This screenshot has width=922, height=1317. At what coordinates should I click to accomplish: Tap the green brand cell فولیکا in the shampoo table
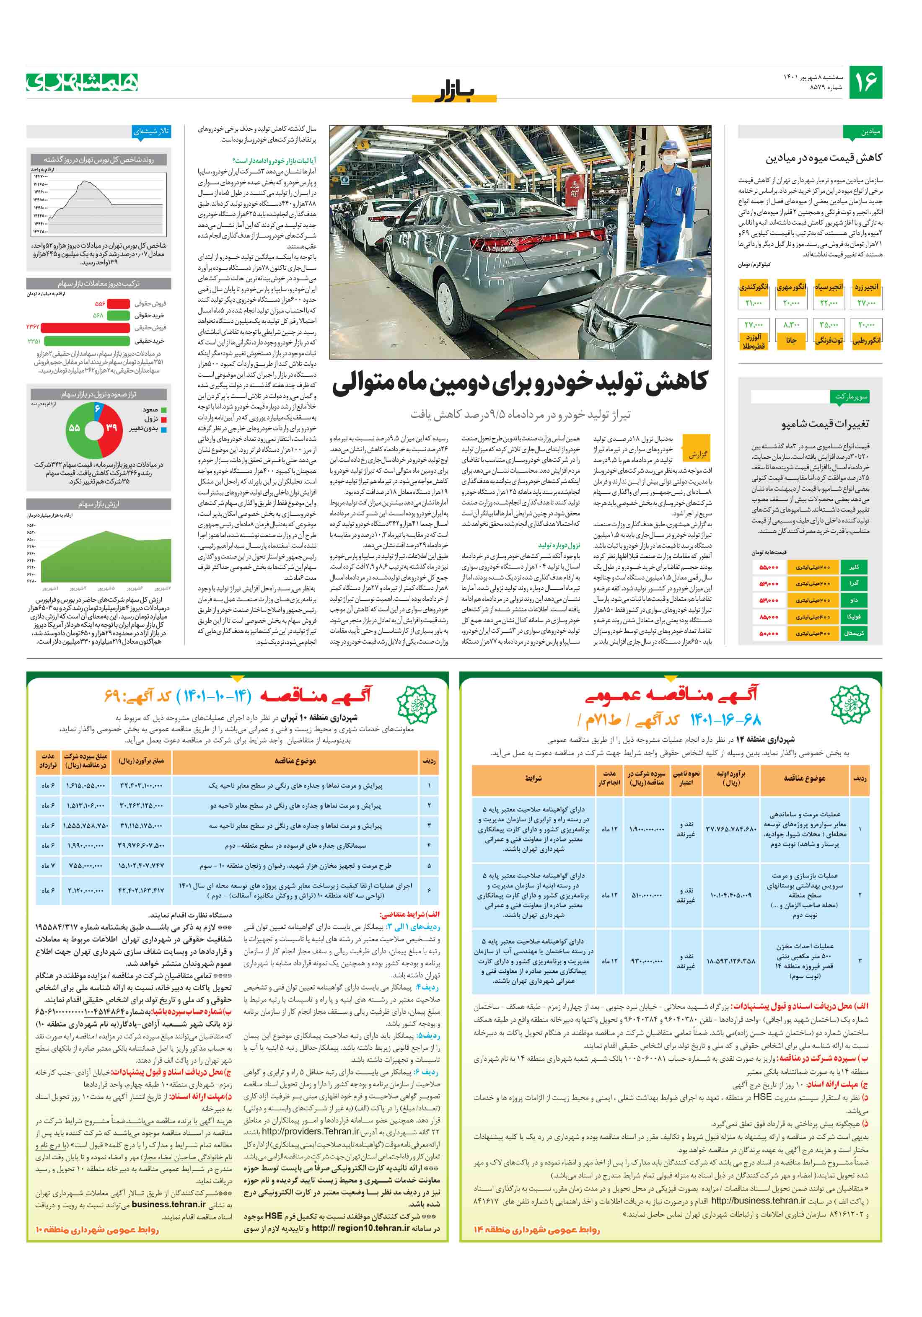(854, 617)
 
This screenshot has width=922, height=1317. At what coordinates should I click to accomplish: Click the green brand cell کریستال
(854, 633)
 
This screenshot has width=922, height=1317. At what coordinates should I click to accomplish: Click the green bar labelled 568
(118, 315)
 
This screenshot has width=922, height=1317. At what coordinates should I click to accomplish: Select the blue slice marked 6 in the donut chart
(98, 409)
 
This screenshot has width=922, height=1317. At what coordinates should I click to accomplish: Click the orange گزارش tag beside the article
(697, 454)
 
